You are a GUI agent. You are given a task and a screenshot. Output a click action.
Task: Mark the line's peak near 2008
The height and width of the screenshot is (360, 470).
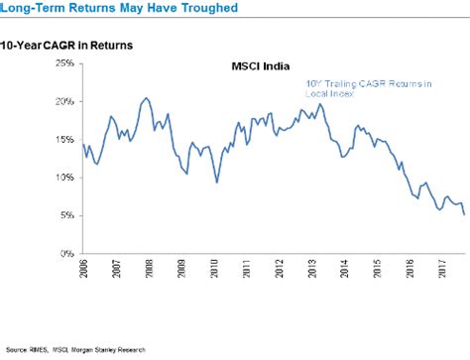point(146,98)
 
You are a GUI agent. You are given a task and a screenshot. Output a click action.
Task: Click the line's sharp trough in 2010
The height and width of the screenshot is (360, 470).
point(217,182)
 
